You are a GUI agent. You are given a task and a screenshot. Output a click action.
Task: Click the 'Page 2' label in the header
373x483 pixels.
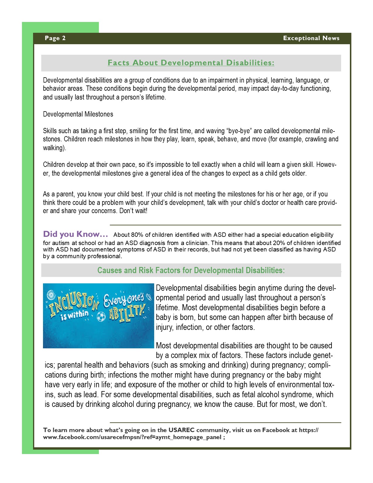tap(55, 38)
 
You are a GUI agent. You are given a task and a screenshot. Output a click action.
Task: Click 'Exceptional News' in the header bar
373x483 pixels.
tap(311, 38)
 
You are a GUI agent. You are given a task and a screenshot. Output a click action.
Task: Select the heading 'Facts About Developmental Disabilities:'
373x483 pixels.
tap(191, 63)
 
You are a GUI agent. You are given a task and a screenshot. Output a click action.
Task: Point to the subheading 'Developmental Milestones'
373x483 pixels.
tap(78, 114)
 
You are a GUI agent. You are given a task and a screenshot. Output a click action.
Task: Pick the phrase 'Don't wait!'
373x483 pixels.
tap(133, 211)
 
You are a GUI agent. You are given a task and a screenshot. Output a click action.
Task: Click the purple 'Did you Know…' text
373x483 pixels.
tap(75, 234)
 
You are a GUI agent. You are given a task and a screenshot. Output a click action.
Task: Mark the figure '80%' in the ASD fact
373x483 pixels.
tap(137, 235)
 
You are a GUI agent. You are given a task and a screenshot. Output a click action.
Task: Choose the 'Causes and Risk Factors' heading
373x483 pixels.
tap(191, 270)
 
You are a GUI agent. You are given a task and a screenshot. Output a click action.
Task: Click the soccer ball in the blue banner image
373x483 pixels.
tap(101, 317)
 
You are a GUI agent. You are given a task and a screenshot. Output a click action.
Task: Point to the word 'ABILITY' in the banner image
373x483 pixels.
tap(127, 313)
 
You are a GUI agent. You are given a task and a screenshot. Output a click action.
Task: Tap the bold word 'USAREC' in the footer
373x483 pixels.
tap(181, 430)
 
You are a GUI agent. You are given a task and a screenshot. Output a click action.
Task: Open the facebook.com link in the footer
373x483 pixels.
tap(132, 437)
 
